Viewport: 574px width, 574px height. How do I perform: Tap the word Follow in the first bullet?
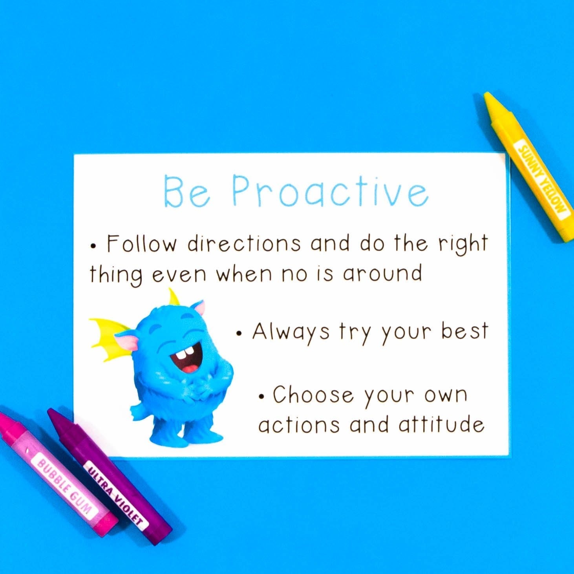click(x=142, y=244)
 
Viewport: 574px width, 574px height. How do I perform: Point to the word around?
click(x=382, y=273)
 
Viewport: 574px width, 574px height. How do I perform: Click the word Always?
click(x=291, y=332)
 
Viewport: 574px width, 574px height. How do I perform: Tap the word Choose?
click(x=313, y=395)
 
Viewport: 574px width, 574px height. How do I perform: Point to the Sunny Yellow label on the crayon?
click(x=544, y=179)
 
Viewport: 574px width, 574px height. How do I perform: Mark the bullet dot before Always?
click(x=239, y=334)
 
